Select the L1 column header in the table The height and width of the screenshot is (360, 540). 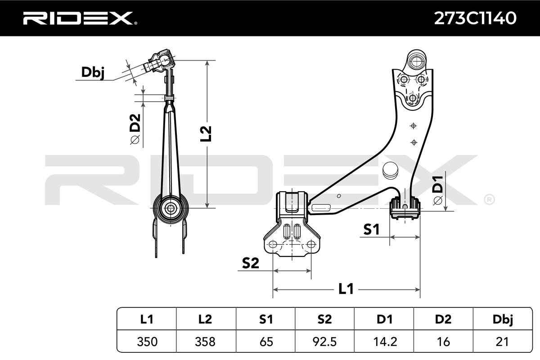point(146,319)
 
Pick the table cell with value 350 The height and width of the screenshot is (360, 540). point(146,342)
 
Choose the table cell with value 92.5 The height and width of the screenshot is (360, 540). point(324,342)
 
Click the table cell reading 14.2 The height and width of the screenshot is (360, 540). point(384,342)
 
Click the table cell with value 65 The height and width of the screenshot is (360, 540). point(265,342)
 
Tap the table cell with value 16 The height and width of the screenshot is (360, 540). point(444,342)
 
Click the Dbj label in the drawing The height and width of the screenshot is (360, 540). point(92,72)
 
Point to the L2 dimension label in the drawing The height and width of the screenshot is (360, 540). point(205,134)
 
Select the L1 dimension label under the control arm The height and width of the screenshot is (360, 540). point(346,289)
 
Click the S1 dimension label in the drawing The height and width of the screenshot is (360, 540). point(371,230)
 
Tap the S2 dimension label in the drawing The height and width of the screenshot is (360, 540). point(250,264)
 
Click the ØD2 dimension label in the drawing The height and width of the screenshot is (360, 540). point(135,129)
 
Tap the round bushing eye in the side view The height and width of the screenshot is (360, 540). point(171,208)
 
